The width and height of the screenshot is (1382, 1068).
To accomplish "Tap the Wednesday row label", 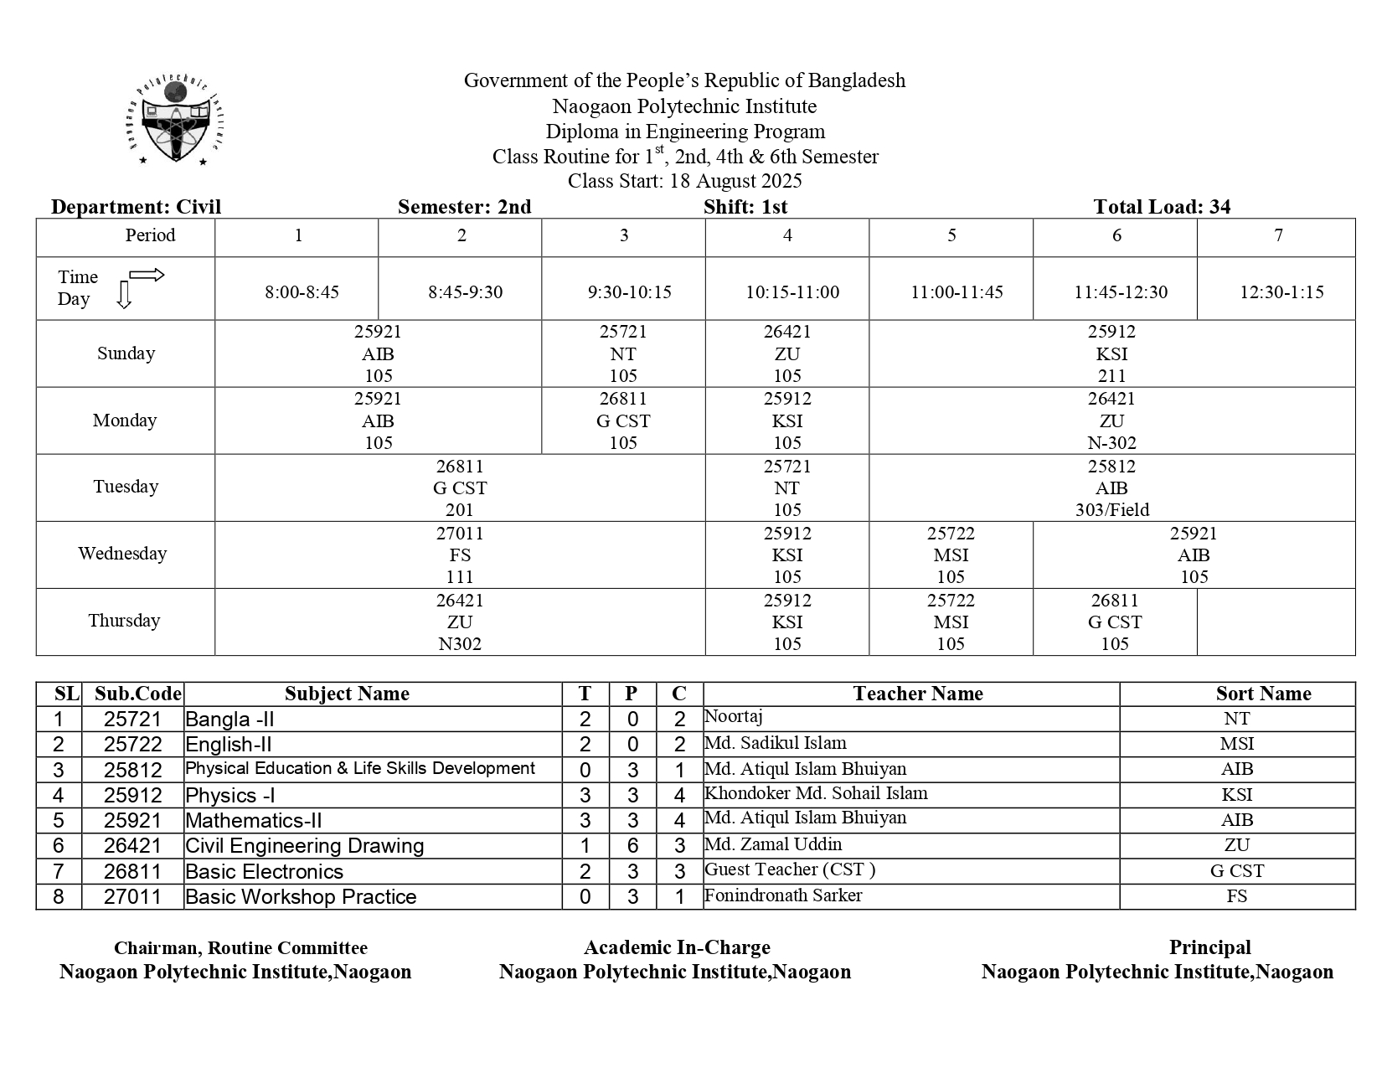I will tap(123, 554).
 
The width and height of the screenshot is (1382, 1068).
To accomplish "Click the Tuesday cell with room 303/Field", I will tap(1111, 488).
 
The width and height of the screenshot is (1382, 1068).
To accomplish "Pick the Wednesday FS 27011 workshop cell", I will tap(460, 555).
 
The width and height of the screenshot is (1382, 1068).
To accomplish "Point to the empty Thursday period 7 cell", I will tap(1275, 622).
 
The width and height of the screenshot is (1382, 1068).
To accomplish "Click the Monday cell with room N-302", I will tap(1111, 420).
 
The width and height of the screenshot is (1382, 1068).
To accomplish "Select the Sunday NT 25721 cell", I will tap(623, 353).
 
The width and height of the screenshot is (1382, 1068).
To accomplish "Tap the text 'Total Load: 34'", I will tap(1161, 207).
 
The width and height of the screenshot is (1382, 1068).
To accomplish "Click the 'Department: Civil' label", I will tap(137, 207).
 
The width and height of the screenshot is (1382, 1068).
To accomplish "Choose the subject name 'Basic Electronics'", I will tap(265, 871).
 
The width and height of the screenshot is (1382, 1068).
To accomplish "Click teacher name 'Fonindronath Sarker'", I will tap(783, 895).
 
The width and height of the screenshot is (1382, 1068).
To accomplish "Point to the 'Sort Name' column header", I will tap(1263, 694).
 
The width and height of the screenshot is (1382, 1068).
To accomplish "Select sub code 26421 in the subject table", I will tap(132, 846).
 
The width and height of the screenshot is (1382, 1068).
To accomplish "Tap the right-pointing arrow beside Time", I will tap(147, 275).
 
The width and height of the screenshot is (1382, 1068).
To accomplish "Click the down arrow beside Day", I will tap(124, 296).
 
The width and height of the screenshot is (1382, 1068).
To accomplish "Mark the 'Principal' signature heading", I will tap(1209, 947).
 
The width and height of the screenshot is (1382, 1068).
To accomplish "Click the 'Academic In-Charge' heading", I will tap(677, 947).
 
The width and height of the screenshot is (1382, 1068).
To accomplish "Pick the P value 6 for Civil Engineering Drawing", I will tap(632, 846).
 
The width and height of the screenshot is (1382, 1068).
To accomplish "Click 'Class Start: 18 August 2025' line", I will tap(684, 181).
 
